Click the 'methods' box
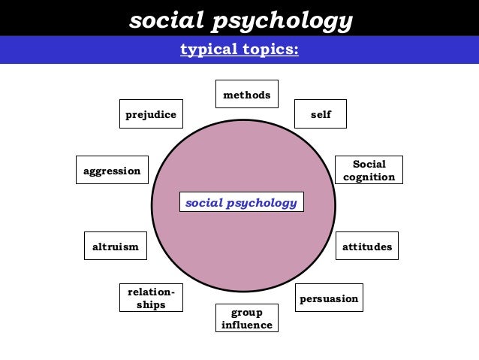click(x=246, y=95)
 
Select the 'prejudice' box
click(x=151, y=114)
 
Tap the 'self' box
click(x=321, y=114)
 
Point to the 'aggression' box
click(x=112, y=171)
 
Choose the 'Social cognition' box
click(x=369, y=171)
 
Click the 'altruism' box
click(x=115, y=247)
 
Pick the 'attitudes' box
click(x=366, y=247)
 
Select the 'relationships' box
click(x=151, y=298)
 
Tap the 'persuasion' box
click(x=329, y=298)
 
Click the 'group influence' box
click(x=246, y=318)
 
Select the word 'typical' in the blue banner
click(x=206, y=50)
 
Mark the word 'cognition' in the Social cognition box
click(x=369, y=177)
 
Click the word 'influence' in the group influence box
click(x=246, y=325)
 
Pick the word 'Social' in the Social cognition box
click(x=369, y=164)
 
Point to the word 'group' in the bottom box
click(x=246, y=312)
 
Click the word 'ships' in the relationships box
click(x=151, y=305)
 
